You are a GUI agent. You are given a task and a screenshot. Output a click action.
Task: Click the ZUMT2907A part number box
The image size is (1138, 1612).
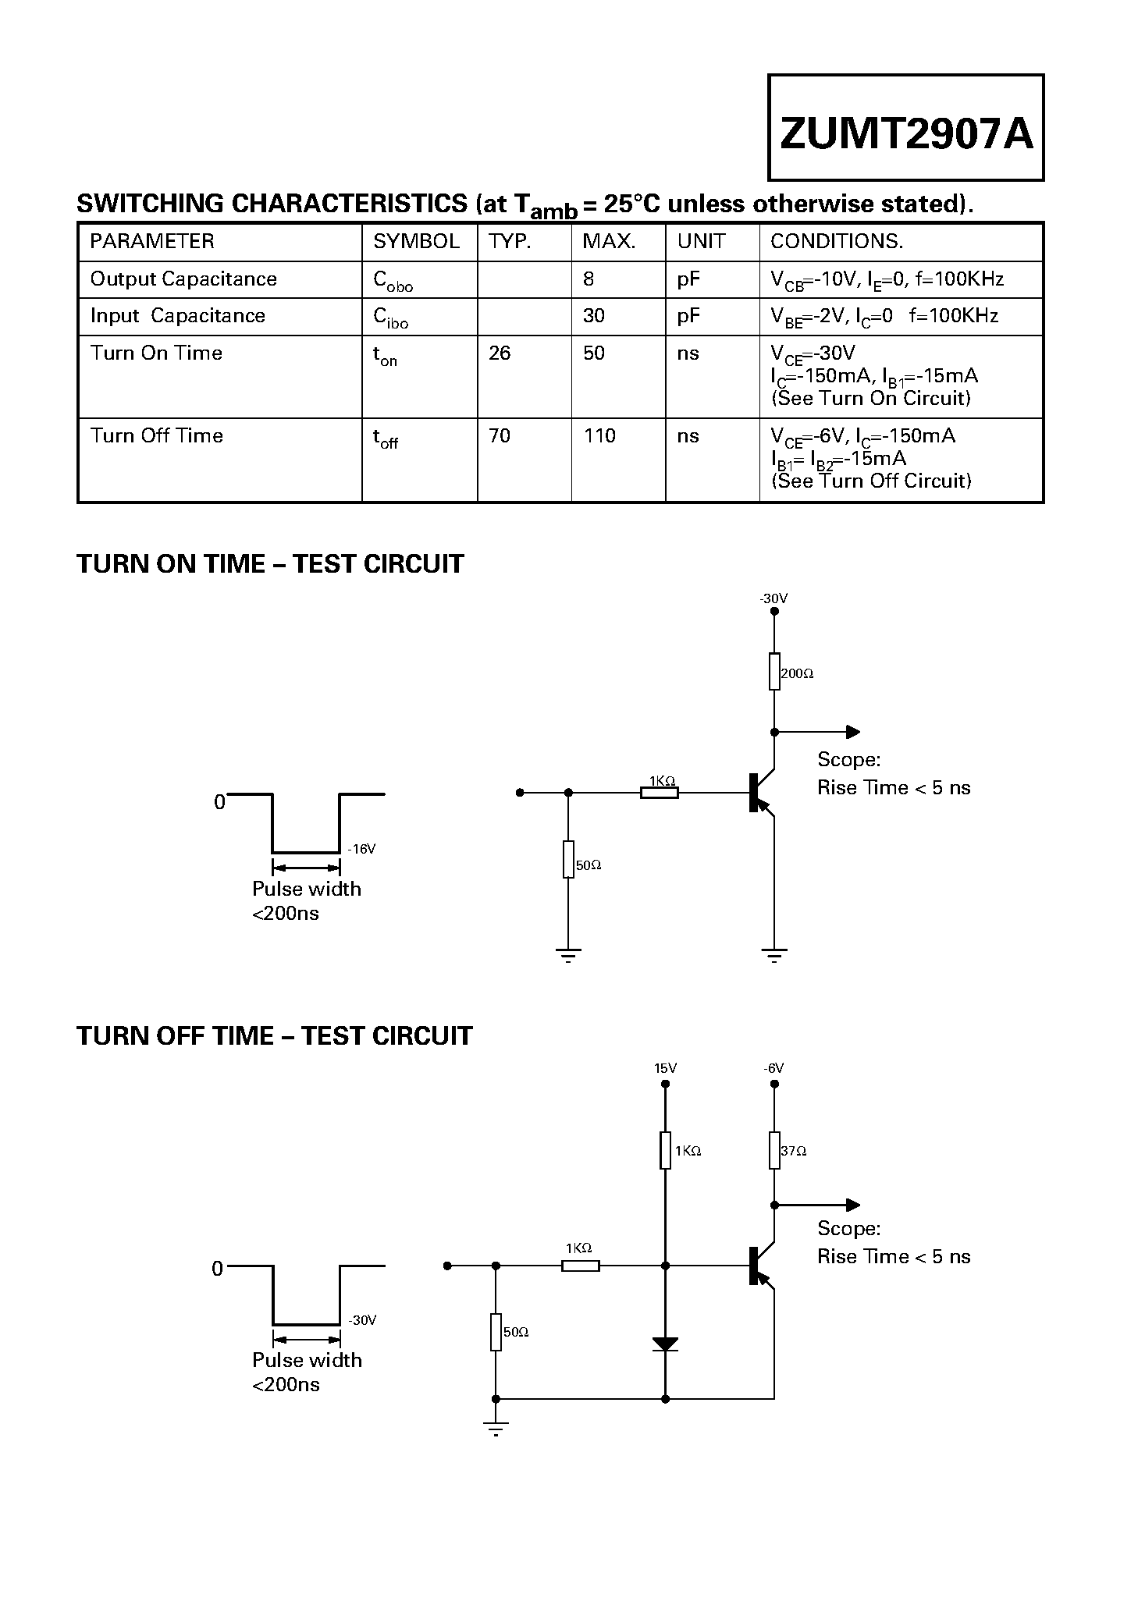(x=905, y=128)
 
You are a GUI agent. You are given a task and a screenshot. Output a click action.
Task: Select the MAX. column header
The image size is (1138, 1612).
(x=609, y=241)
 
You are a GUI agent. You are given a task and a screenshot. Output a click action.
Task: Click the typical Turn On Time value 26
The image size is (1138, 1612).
(x=500, y=353)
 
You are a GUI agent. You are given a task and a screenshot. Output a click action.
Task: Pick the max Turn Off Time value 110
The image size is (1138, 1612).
(x=599, y=435)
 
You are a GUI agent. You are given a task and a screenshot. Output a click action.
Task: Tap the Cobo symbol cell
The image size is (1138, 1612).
(x=393, y=281)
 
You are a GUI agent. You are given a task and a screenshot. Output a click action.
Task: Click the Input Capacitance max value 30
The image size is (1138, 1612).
(x=594, y=316)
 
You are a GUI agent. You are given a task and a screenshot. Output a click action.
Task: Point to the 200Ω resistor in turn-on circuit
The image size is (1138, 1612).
(x=774, y=672)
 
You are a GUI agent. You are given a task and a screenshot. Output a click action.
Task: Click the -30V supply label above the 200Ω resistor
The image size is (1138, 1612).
(x=773, y=598)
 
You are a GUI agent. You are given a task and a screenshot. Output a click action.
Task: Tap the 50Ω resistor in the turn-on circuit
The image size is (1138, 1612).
(x=568, y=859)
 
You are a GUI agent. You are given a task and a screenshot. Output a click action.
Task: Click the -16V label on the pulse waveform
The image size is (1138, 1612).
(x=361, y=849)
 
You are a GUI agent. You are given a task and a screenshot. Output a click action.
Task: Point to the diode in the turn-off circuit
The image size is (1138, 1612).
(x=665, y=1344)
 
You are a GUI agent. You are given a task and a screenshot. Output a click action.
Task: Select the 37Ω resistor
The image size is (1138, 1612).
(x=774, y=1150)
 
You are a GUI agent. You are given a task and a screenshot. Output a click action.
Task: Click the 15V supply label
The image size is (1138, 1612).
(x=665, y=1068)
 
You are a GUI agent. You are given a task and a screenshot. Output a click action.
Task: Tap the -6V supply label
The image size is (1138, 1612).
(x=773, y=1068)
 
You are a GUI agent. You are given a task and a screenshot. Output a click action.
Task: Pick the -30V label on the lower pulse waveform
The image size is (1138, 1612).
(x=362, y=1320)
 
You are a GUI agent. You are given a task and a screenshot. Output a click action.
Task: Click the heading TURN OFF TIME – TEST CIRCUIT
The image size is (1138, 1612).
(x=275, y=1036)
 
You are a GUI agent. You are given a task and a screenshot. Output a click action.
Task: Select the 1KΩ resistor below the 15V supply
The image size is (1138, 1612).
(x=665, y=1150)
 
